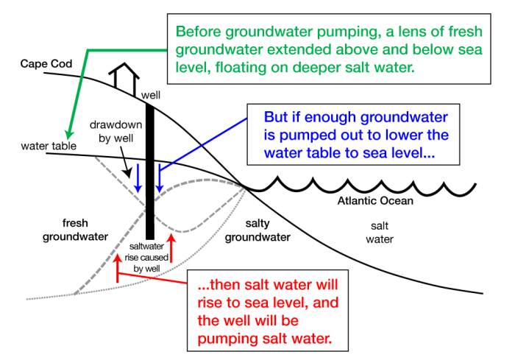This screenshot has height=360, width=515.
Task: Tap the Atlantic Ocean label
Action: (374, 201)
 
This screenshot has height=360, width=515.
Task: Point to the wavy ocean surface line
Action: (368, 186)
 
